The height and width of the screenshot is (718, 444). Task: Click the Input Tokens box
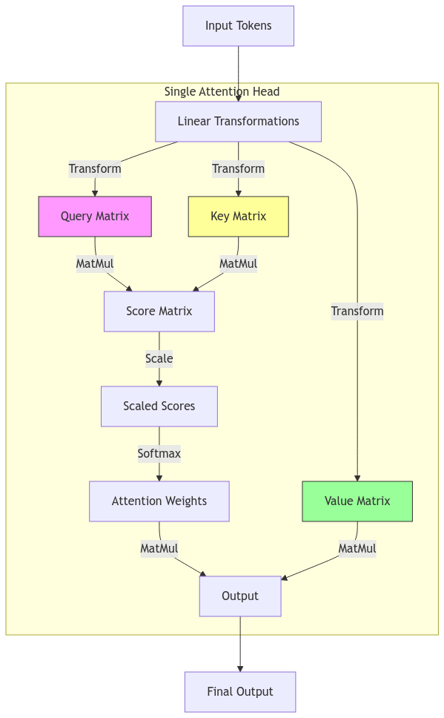pos(239,26)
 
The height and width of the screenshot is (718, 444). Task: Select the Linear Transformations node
pos(238,122)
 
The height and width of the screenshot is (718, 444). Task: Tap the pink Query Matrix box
pos(95,217)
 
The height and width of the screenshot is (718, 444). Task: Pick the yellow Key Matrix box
pos(238,217)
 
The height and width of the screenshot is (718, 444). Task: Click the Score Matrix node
pos(159,312)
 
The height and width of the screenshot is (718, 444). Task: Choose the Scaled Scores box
pos(159,406)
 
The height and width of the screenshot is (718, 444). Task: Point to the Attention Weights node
pos(159,501)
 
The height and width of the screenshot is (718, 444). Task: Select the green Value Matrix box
pos(357,501)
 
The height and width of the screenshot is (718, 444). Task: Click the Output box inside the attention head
pos(240,596)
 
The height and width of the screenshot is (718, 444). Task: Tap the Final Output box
pos(240,692)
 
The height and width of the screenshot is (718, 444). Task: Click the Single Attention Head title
pos(222,92)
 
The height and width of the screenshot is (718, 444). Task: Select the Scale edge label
pos(159,359)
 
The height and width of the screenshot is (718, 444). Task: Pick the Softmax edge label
pos(159,454)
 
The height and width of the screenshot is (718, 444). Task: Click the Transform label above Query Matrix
pos(95,169)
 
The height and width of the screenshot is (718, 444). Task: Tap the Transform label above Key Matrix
pos(238,169)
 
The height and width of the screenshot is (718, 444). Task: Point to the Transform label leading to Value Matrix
pos(357,312)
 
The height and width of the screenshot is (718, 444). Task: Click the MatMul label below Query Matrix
pos(95,264)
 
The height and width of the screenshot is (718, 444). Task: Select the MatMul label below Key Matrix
pos(238,264)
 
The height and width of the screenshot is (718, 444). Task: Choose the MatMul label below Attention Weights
pos(159,549)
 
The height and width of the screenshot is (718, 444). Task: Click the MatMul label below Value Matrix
pos(357,549)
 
